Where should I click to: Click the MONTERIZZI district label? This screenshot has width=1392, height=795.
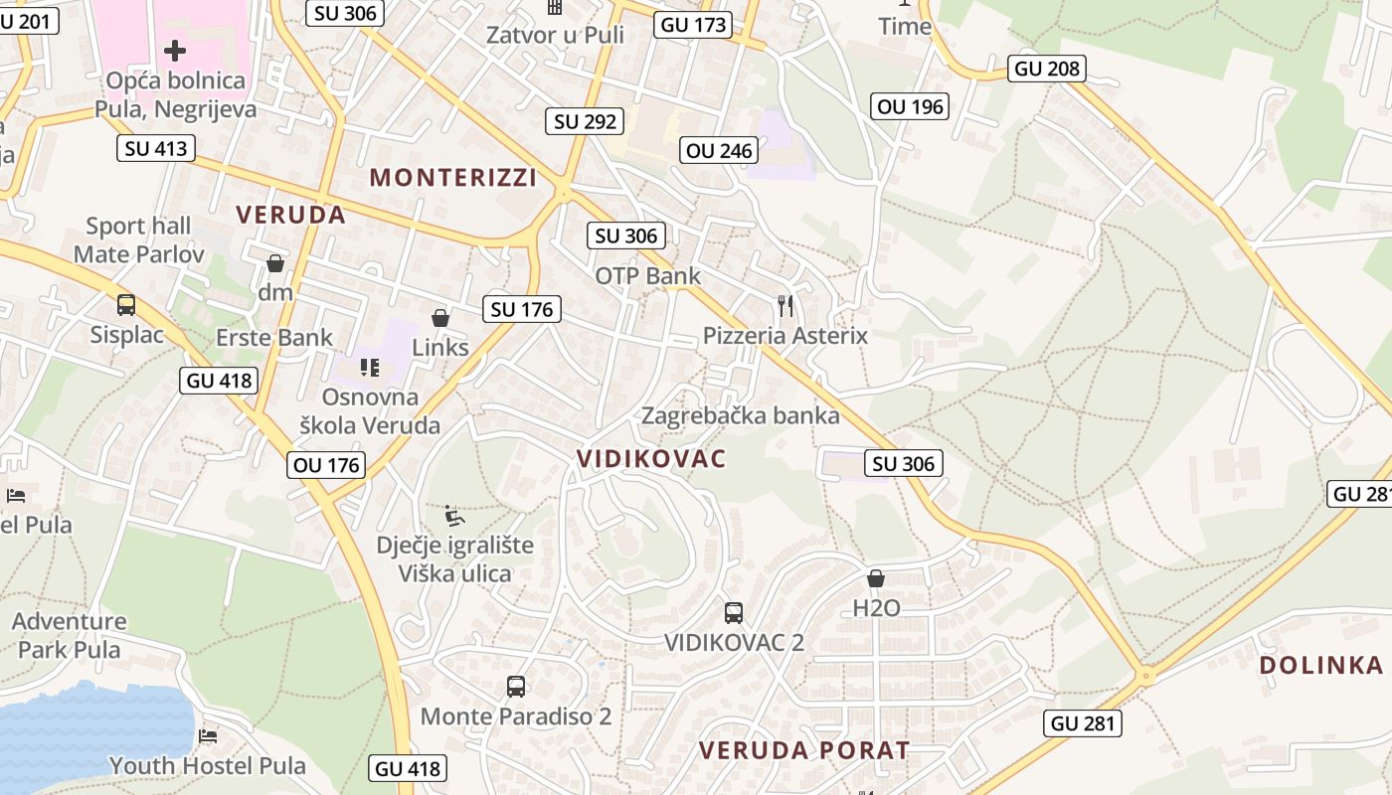(x=452, y=178)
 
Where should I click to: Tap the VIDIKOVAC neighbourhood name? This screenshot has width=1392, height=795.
(x=651, y=458)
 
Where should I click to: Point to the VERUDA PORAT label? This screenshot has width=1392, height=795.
(x=804, y=750)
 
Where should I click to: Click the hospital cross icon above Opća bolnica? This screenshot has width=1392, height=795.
(x=175, y=50)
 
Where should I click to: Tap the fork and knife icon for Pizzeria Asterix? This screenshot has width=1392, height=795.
(x=785, y=305)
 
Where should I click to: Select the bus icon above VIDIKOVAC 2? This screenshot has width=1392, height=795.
(x=734, y=612)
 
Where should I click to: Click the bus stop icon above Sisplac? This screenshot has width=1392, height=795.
(x=126, y=304)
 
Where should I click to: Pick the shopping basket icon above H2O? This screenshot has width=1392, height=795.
(x=876, y=577)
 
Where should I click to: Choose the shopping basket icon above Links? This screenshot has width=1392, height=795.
(x=439, y=318)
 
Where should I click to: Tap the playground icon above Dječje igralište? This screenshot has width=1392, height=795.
(x=453, y=515)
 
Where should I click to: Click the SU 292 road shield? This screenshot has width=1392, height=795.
(x=585, y=121)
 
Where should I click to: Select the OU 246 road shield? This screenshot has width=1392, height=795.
(x=721, y=150)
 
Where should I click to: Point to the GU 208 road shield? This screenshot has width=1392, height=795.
(x=1047, y=68)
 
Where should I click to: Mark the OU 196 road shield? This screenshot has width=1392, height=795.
(x=910, y=105)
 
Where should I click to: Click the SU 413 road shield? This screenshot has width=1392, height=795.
(x=156, y=149)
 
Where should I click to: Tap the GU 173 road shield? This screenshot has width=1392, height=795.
(x=693, y=25)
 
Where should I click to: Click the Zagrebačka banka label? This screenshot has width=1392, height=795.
(x=741, y=415)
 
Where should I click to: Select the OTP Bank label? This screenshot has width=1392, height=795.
(x=648, y=275)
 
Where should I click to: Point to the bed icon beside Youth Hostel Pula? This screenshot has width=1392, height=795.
(x=208, y=735)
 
